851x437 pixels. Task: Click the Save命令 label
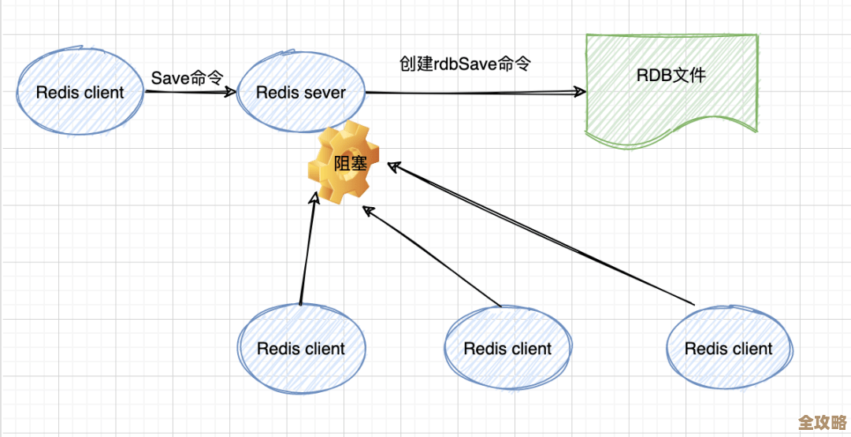[x=188, y=77]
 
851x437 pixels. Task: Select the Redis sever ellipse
[x=301, y=92]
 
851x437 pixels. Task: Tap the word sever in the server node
[x=325, y=93]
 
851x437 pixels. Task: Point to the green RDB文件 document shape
[x=671, y=87]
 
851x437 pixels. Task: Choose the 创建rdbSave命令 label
[x=464, y=64]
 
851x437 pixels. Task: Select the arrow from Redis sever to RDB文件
[x=473, y=92]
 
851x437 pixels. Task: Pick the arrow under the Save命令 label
[x=189, y=91]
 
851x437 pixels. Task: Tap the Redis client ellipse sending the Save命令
[x=80, y=92]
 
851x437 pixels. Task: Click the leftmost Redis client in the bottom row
[x=301, y=348]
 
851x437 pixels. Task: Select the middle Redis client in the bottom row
[x=507, y=348]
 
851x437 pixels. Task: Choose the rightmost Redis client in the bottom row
[x=729, y=348]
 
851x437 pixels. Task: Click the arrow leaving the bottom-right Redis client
[x=544, y=235]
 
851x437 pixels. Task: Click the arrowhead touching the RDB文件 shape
[x=581, y=92]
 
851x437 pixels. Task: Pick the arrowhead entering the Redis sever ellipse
[x=230, y=91]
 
